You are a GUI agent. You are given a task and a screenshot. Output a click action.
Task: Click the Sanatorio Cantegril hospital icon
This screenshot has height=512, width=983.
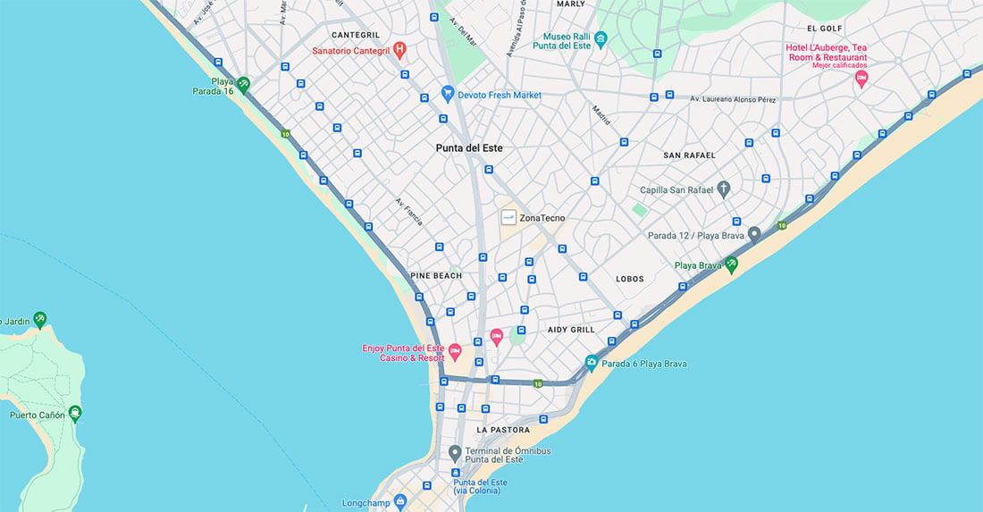pyautogui.click(x=399, y=48)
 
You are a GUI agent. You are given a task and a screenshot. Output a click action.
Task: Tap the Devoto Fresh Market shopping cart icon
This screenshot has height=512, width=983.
pyautogui.click(x=448, y=93)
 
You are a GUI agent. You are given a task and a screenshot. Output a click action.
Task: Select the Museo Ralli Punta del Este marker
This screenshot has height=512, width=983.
pyautogui.click(x=601, y=38)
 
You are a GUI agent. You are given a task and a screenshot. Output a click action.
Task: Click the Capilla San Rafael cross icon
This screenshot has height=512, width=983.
pyautogui.click(x=724, y=189)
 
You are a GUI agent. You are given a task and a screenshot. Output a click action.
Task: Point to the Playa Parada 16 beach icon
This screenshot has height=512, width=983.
pyautogui.click(x=242, y=83)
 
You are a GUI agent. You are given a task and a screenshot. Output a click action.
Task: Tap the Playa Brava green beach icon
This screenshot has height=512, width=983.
pyautogui.click(x=731, y=264)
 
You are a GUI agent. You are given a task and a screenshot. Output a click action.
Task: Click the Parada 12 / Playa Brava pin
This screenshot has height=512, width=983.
pyautogui.click(x=754, y=234)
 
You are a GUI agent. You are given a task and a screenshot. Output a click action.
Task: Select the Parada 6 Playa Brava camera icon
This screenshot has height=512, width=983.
pyautogui.click(x=591, y=363)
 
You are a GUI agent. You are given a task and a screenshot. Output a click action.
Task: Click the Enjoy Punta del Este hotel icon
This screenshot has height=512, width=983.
pyautogui.click(x=454, y=351)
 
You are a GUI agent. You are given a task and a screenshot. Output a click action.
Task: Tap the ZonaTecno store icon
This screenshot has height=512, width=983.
pyautogui.click(x=508, y=217)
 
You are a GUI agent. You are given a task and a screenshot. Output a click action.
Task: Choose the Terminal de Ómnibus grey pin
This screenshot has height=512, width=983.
pyautogui.click(x=455, y=452)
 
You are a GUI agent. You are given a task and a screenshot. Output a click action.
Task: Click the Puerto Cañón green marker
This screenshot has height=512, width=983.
pyautogui.click(x=74, y=413)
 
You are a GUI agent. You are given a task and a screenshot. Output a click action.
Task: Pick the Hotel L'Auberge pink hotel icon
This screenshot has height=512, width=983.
pyautogui.click(x=861, y=78)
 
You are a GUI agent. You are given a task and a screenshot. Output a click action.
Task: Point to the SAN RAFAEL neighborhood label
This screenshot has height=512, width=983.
pyautogui.click(x=689, y=155)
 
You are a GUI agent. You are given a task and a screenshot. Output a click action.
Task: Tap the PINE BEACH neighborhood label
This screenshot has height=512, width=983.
pyautogui.click(x=436, y=275)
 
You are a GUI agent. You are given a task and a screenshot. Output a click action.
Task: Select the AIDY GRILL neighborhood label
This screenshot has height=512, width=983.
pyautogui.click(x=570, y=330)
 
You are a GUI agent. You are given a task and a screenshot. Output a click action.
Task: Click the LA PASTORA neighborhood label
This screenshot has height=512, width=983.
pyautogui.click(x=504, y=430)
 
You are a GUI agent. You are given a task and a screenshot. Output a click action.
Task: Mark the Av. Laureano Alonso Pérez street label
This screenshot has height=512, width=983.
pyautogui.click(x=733, y=99)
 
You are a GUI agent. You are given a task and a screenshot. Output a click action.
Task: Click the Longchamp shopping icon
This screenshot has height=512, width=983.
pyautogui.click(x=400, y=502)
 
